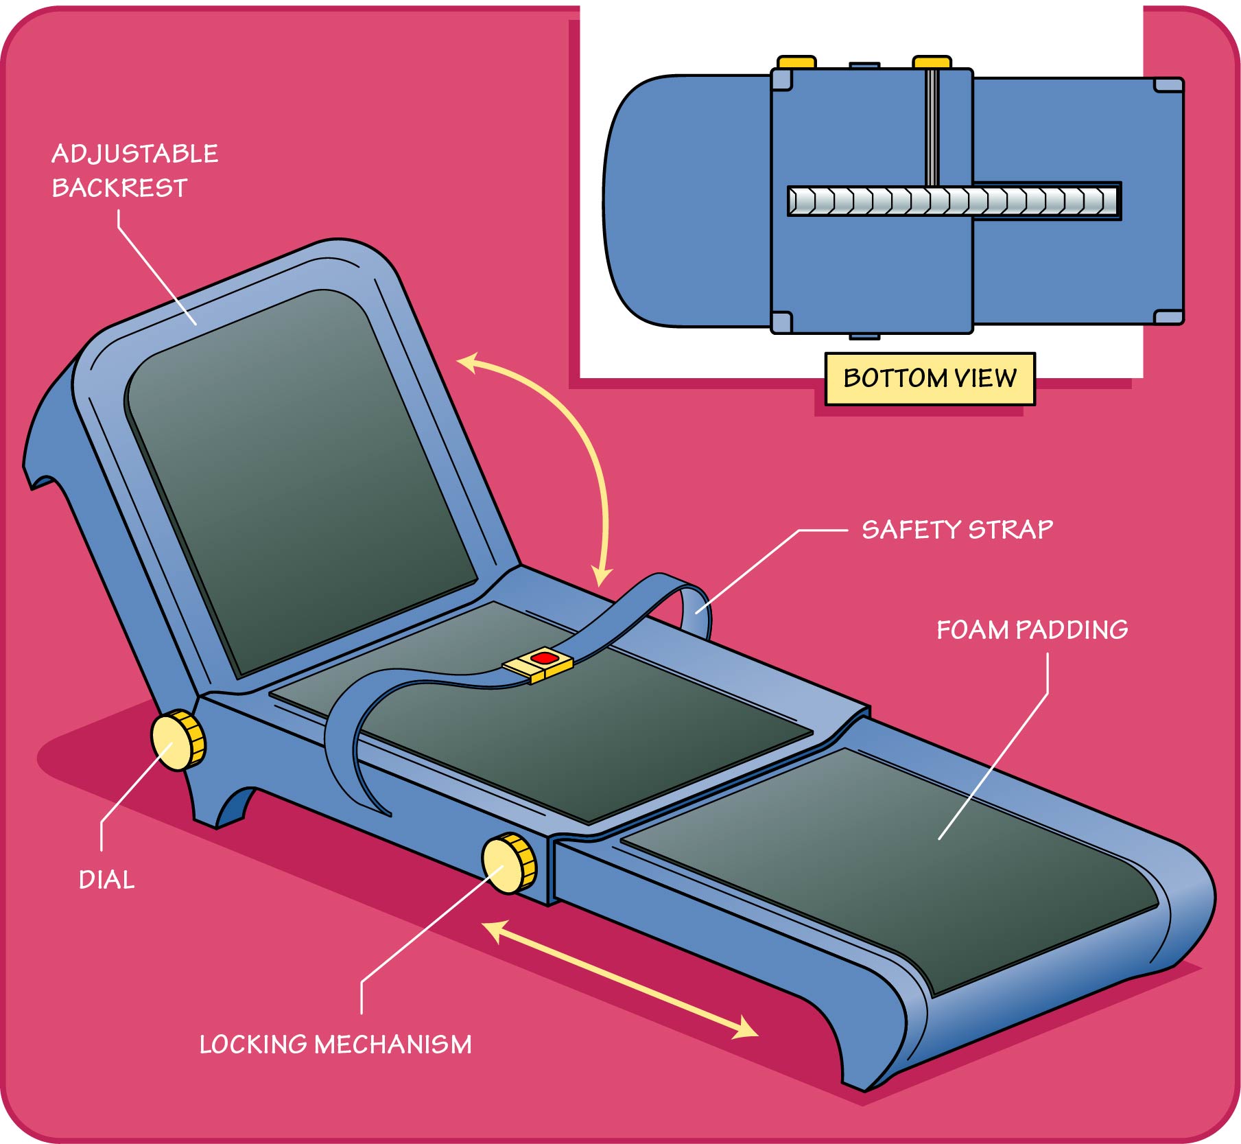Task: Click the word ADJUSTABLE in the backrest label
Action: coord(134,154)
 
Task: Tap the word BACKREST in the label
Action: coord(119,188)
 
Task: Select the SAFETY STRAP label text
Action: coord(957,529)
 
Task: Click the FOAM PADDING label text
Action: coord(1032,629)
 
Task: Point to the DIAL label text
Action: coord(106,880)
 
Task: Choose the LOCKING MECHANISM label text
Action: coord(335,1044)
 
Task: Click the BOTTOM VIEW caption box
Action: coord(930,378)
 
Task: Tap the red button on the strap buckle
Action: coord(544,658)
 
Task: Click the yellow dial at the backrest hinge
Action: coord(178,740)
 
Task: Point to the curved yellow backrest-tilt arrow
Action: coord(583,446)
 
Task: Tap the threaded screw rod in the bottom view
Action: coord(954,201)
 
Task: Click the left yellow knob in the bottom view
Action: coord(796,62)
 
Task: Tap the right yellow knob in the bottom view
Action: coord(932,62)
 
